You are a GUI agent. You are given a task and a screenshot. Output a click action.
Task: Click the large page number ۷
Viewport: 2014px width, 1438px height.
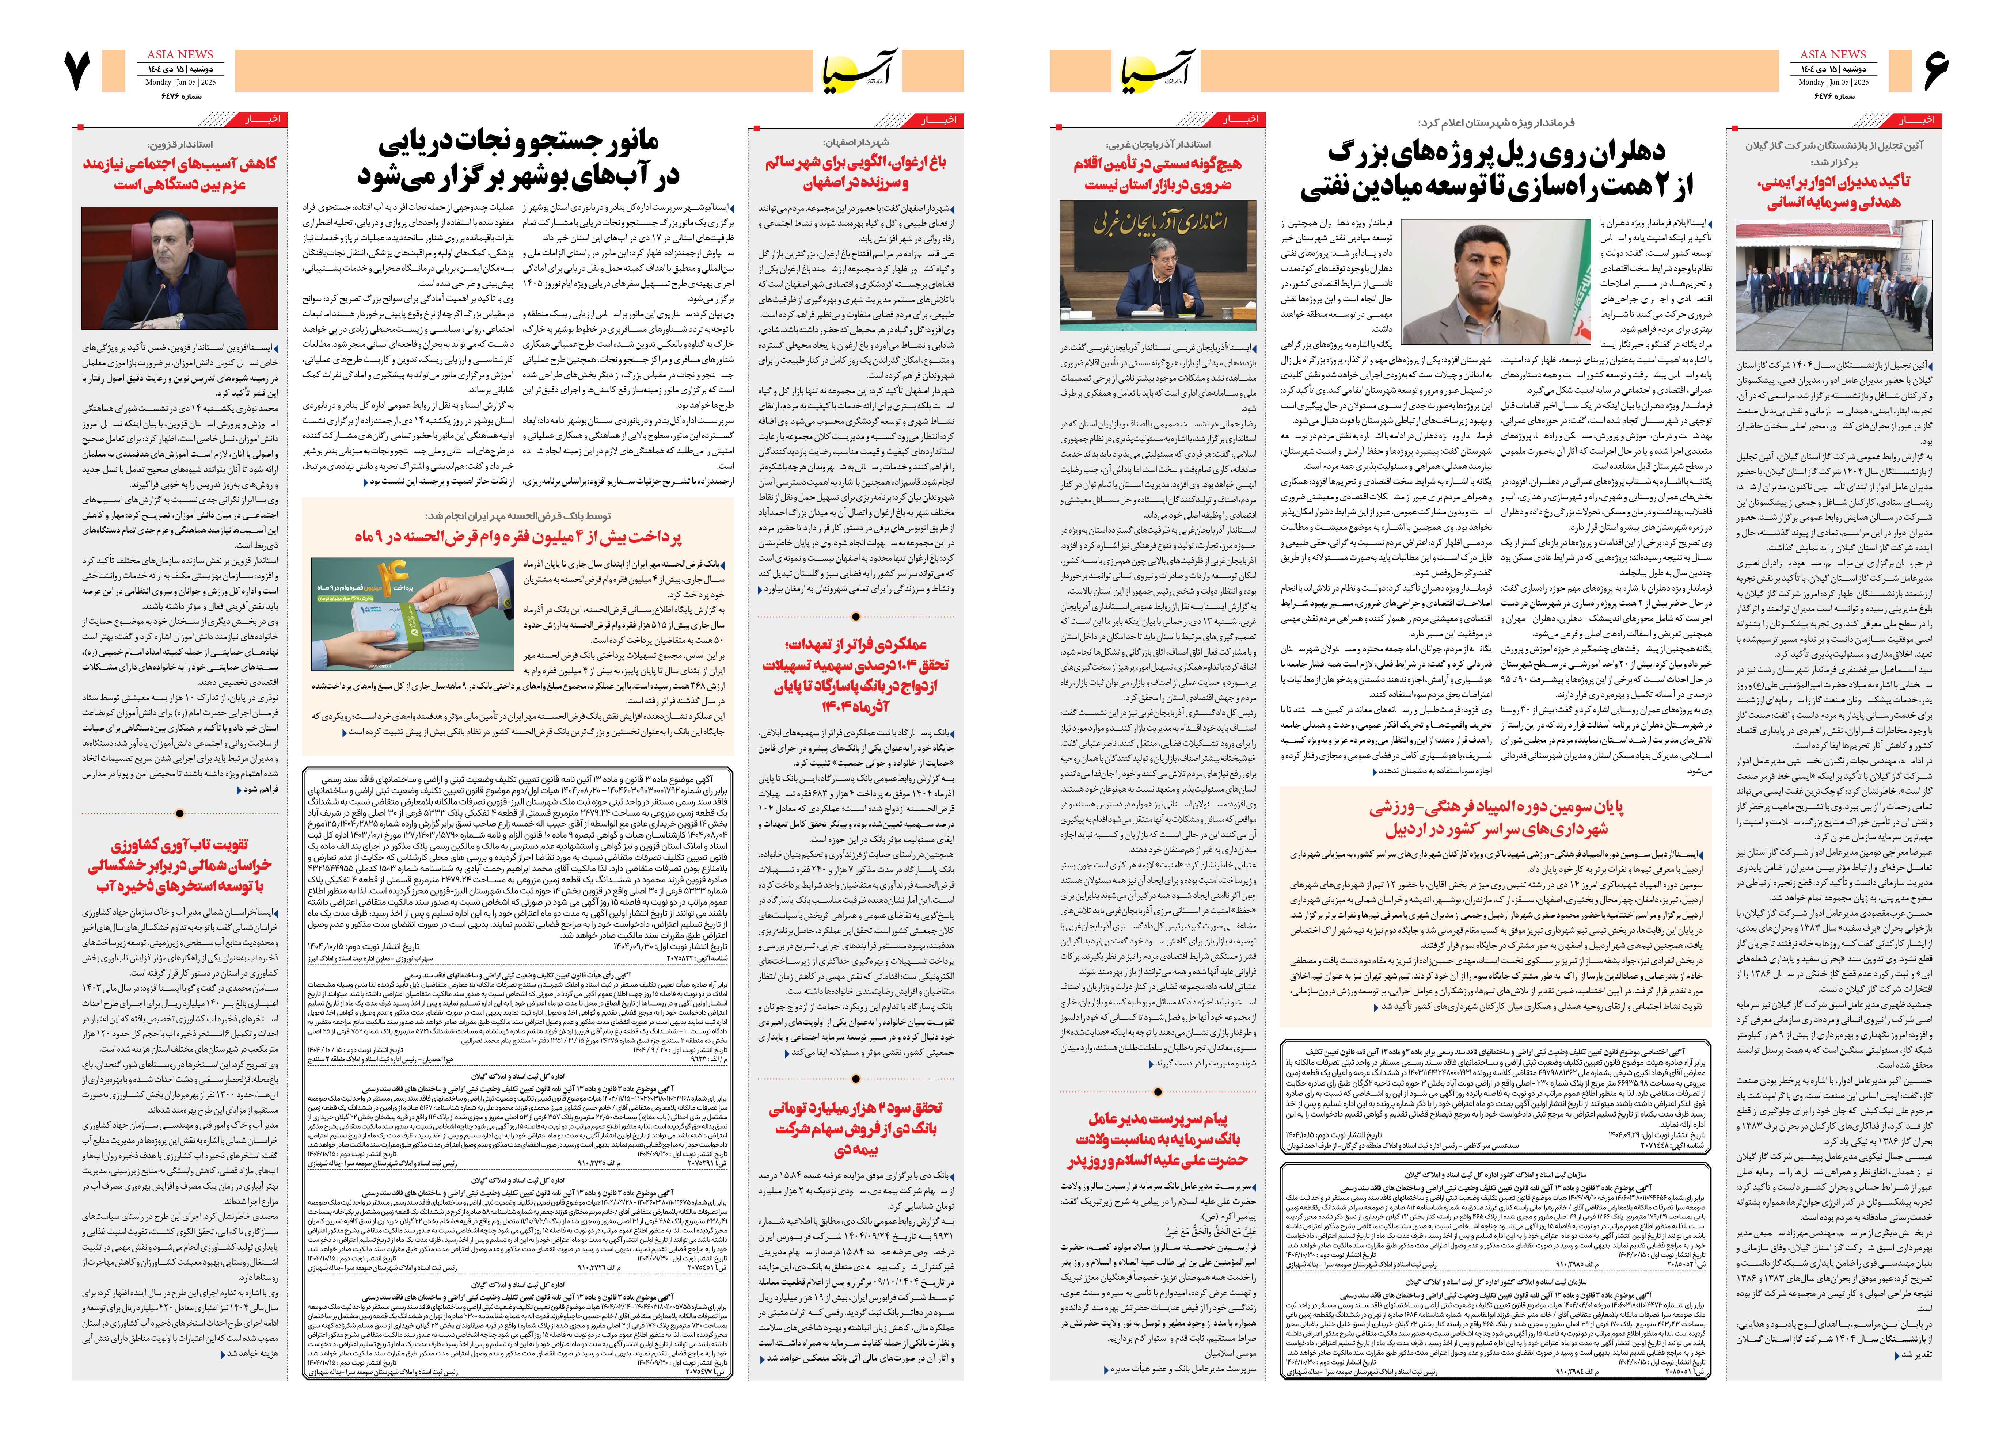78,71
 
